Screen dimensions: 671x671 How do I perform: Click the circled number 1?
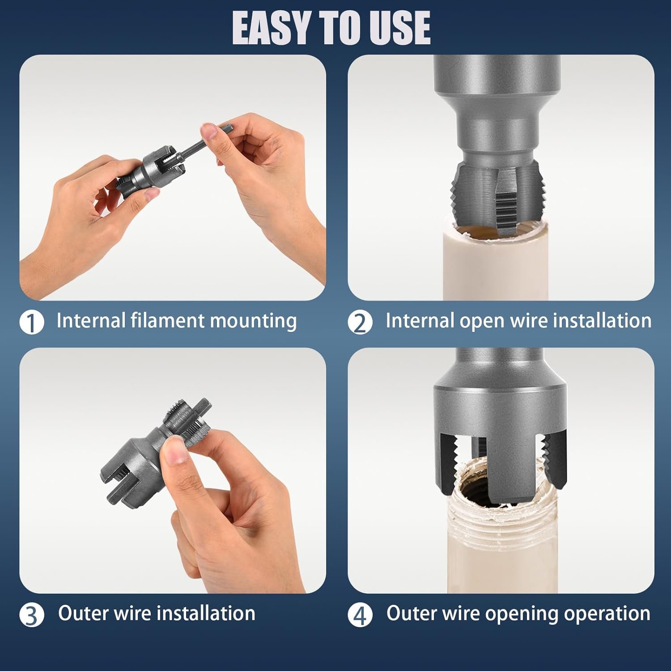coord(32,323)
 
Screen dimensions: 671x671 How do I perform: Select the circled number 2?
coord(360,323)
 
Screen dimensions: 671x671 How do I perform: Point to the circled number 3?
coord(32,615)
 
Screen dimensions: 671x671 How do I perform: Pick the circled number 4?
coord(360,615)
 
